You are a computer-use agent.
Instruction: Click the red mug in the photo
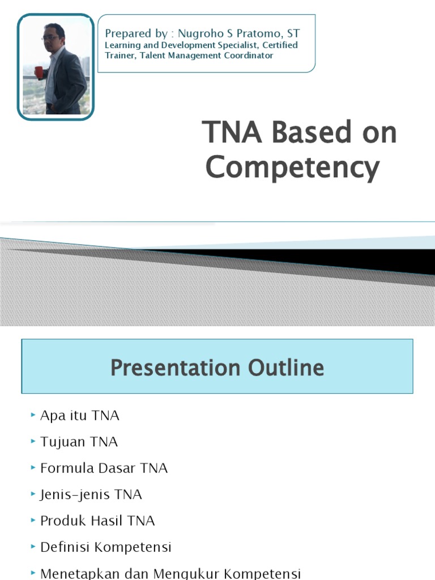[x=39, y=72]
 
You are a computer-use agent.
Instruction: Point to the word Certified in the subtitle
[x=280, y=45]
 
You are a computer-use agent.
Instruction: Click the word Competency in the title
[x=292, y=168]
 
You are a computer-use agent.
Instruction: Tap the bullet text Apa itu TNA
[x=80, y=416]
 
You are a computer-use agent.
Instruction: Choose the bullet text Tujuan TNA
[x=79, y=442]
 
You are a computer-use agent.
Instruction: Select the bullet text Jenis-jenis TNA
[x=91, y=494]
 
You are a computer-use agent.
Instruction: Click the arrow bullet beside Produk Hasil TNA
[x=33, y=521]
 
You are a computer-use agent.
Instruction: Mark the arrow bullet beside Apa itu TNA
[x=33, y=416]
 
